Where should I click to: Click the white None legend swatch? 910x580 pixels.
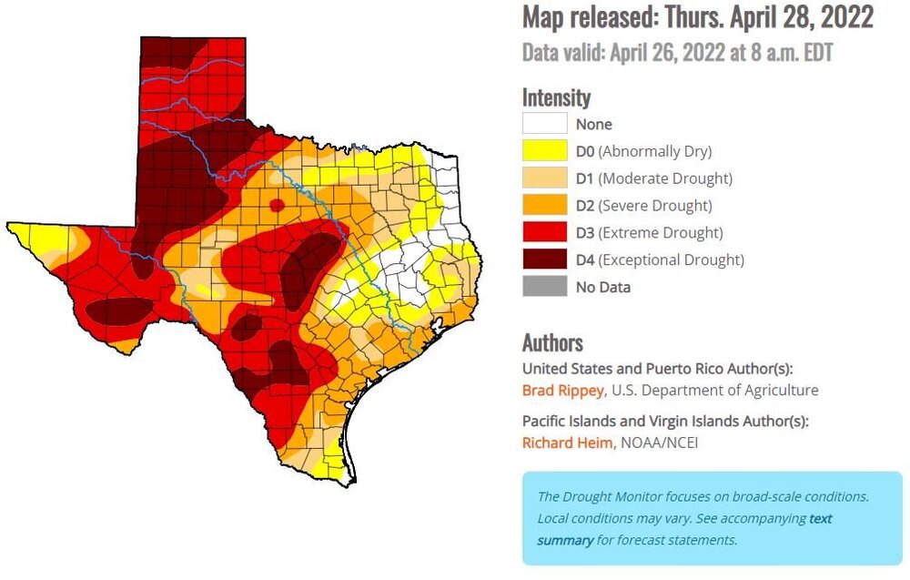pos(544,124)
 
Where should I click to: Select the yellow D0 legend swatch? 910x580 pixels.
pos(544,151)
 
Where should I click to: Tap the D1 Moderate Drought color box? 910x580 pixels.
pos(544,178)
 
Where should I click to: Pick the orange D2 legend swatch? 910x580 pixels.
pos(544,206)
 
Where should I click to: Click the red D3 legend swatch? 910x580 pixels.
pos(544,233)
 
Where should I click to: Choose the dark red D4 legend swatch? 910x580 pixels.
pos(544,259)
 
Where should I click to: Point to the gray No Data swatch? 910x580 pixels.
pos(544,287)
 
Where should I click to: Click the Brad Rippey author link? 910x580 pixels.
pos(562,391)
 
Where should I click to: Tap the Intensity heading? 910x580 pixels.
pos(556,97)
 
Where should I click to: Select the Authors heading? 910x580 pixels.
pos(552,342)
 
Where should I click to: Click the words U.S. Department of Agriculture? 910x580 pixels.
pos(715,391)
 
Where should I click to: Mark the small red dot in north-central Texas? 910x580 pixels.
pos(275,205)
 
